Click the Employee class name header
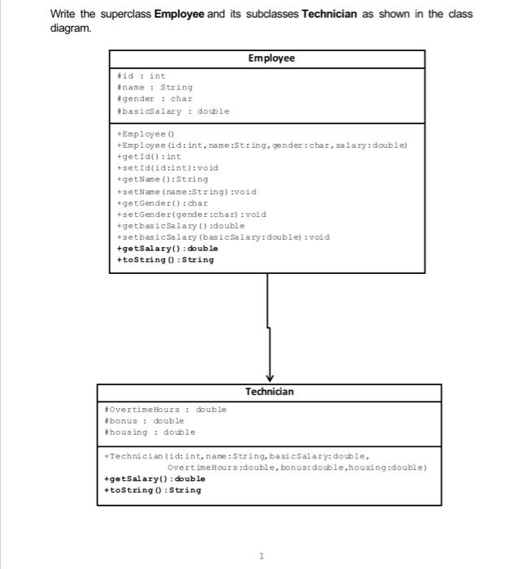pos(272,59)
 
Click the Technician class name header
pos(269,392)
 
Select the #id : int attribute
pos(141,76)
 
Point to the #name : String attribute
pos(155,88)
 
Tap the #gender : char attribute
pos(155,99)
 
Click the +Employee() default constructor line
pos(142,133)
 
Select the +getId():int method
pos(150,156)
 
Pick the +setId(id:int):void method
pos(167,167)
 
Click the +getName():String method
pos(163,179)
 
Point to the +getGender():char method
pos(163,203)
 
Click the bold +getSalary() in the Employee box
pos(167,249)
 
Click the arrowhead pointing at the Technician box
pos(269,376)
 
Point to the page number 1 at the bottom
pos(262,556)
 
